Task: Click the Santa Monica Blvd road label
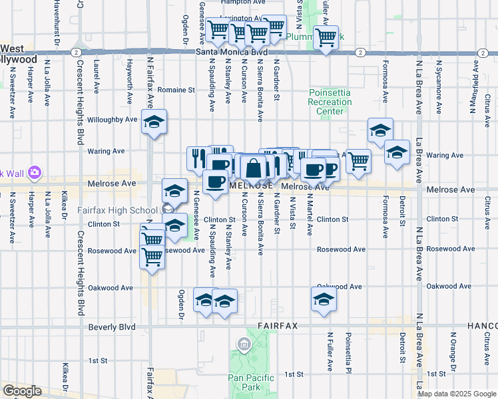(x=232, y=52)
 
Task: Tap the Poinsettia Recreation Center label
(x=330, y=102)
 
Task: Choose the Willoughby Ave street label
(x=112, y=120)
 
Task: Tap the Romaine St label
(x=176, y=88)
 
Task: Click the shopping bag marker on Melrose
(x=254, y=168)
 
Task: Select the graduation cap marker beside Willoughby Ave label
(x=154, y=122)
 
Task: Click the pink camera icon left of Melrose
(x=35, y=174)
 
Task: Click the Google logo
(x=22, y=391)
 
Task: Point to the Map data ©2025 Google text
(x=457, y=394)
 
